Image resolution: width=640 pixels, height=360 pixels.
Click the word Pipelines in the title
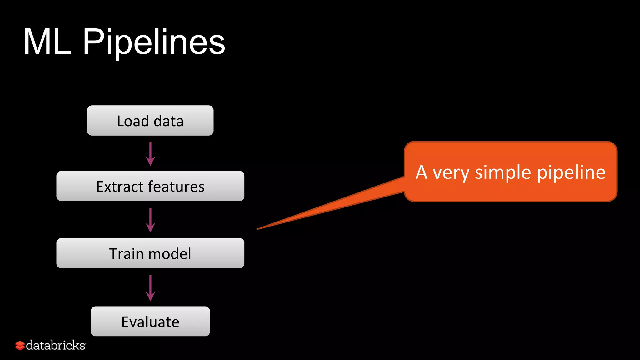pyautogui.click(x=154, y=42)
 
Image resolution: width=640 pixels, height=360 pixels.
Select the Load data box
pyautogui.click(x=150, y=121)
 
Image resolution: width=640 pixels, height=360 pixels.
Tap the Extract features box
pyautogui.click(x=150, y=186)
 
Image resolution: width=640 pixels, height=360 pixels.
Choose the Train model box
pyautogui.click(x=150, y=253)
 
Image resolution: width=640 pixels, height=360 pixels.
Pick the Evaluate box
pyautogui.click(x=150, y=322)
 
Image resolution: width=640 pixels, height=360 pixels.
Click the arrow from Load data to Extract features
pyautogui.click(x=150, y=153)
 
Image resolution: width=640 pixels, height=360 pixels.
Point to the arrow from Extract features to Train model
pyautogui.click(x=150, y=220)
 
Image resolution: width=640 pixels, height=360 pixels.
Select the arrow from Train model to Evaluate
pyautogui.click(x=150, y=288)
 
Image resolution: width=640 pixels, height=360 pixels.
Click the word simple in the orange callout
pyautogui.click(x=503, y=172)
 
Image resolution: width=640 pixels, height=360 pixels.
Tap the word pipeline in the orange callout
pyautogui.click(x=571, y=173)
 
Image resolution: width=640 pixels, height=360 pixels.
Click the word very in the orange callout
pyautogui.click(x=451, y=173)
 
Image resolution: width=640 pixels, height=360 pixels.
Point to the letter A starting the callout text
pyautogui.click(x=421, y=172)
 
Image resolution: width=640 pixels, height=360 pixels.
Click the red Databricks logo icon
pyautogui.click(x=20, y=346)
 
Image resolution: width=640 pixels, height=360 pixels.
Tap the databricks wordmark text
pyautogui.click(x=56, y=345)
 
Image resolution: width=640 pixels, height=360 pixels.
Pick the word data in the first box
pyautogui.click(x=168, y=121)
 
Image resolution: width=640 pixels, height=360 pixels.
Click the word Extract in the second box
pyautogui.click(x=120, y=187)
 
